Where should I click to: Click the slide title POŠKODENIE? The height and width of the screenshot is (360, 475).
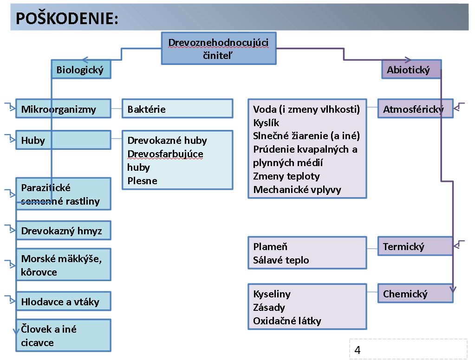pos(67,18)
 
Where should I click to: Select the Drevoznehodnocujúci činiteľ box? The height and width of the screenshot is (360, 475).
pos(219,48)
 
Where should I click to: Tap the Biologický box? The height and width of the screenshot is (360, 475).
pos(81,69)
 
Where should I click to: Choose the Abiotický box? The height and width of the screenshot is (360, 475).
pos(411,69)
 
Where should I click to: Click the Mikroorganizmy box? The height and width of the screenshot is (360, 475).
pos(63,109)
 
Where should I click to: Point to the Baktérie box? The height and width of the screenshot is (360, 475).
pos(177,109)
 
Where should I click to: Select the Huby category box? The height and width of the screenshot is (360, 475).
pos(63,140)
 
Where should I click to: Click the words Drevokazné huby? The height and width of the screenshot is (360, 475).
pos(167,141)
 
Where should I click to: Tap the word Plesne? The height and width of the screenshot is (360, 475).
pos(143,181)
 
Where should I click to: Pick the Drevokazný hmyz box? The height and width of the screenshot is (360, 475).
pos(63,231)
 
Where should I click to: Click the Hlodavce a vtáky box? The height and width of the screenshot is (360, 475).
pos(63,301)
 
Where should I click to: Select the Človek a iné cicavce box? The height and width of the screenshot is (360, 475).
pos(63,335)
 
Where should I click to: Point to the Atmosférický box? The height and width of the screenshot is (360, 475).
pos(415,109)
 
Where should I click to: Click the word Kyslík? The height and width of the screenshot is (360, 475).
pos(266,122)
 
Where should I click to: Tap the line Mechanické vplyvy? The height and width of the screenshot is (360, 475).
pos(297,190)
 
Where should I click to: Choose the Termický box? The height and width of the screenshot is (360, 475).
pos(415,246)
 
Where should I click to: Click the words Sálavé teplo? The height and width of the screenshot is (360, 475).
pos(281,260)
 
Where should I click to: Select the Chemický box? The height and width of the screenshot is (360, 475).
pos(415,293)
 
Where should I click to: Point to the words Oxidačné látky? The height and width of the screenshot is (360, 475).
pos(287,321)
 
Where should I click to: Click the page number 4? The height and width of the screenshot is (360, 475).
pos(358,350)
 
